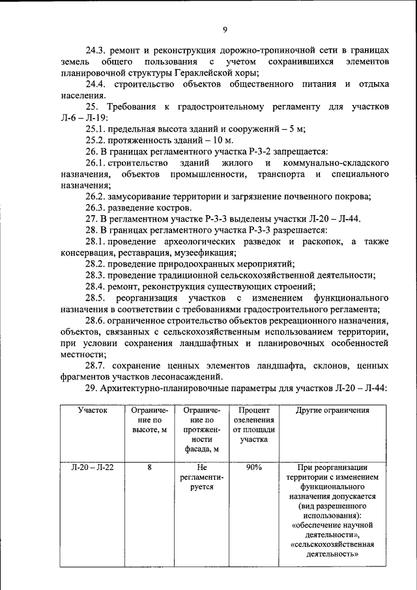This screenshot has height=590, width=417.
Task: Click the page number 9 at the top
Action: click(x=224, y=29)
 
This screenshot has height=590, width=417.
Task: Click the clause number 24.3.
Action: click(x=97, y=50)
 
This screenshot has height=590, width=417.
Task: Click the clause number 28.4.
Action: click(x=97, y=286)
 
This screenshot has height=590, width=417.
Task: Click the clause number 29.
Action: click(x=92, y=388)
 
